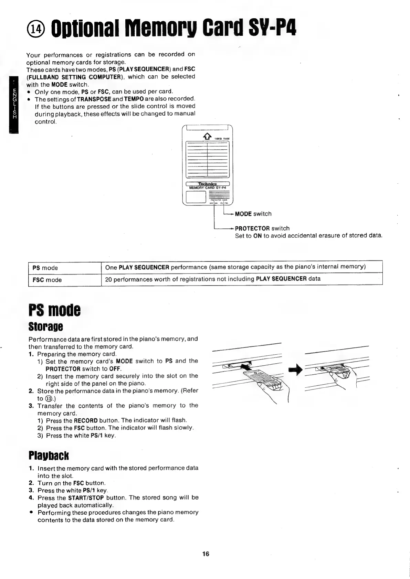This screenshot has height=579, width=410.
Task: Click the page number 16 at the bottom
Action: coord(206,554)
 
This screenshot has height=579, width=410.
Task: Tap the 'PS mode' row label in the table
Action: coord(45,268)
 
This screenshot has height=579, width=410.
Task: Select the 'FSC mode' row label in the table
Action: coord(47,280)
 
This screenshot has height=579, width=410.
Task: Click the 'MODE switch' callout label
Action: coord(253,214)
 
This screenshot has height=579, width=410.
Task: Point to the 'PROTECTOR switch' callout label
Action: coord(262,228)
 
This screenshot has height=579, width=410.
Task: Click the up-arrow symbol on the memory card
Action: coord(207,137)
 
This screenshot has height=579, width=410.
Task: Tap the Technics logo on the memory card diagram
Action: coord(207,184)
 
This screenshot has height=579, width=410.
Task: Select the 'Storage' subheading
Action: coord(46,326)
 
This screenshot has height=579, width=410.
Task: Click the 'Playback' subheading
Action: coord(49,455)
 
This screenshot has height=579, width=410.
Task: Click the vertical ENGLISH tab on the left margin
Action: coord(14,104)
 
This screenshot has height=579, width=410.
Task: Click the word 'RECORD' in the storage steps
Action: coord(86,420)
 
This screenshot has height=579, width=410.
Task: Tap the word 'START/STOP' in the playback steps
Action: coord(86,498)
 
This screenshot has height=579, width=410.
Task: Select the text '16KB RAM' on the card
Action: coord(222,139)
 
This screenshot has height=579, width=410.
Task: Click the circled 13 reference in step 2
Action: coord(50,399)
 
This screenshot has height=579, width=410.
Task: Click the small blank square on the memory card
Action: coord(196,197)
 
